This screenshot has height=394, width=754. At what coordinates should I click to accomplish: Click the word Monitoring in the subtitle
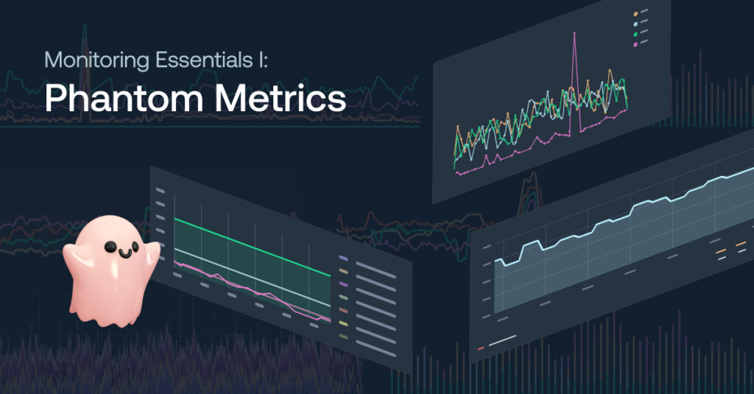(96, 60)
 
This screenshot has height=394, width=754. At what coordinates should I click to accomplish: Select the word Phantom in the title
(124, 98)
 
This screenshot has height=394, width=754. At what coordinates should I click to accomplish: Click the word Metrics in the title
(281, 98)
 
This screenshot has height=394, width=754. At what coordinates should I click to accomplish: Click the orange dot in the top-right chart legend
(635, 15)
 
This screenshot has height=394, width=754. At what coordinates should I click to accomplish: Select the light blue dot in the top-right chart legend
(635, 24)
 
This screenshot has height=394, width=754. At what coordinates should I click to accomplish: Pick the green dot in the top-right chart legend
(635, 34)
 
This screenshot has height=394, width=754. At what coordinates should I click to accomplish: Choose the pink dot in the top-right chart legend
(635, 44)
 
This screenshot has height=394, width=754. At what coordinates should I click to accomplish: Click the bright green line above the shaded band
(253, 247)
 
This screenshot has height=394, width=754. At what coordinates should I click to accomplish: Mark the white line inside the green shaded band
(253, 278)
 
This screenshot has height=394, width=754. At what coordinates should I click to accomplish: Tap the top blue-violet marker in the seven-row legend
(343, 258)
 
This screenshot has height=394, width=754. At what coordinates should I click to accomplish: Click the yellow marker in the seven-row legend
(343, 324)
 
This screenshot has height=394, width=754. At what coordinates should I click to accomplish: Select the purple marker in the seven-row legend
(343, 284)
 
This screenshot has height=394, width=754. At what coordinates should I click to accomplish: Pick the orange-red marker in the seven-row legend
(343, 311)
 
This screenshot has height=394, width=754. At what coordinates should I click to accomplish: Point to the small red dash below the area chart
(481, 348)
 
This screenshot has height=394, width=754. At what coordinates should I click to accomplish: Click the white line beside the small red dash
(502, 340)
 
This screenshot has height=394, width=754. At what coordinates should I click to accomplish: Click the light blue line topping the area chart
(620, 217)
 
